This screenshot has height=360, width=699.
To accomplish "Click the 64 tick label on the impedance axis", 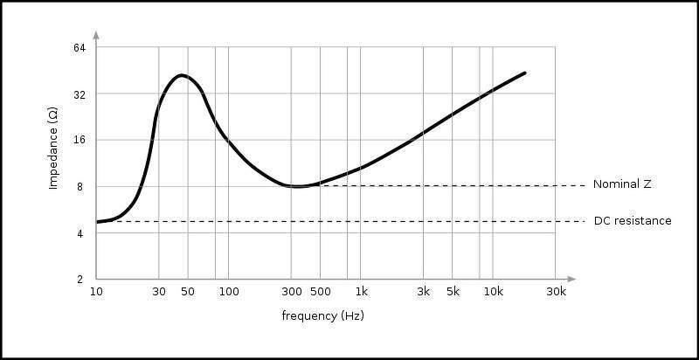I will pyautogui.click(x=80, y=47).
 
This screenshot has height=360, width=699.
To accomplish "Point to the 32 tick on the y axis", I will pyautogui.click(x=80, y=93).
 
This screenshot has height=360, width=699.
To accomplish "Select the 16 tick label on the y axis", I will pyautogui.click(x=80, y=140).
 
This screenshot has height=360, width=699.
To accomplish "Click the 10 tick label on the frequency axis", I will pyautogui.click(x=96, y=292).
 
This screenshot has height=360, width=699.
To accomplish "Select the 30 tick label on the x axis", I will pyautogui.click(x=158, y=292).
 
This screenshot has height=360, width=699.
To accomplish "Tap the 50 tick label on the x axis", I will pyautogui.click(x=187, y=292).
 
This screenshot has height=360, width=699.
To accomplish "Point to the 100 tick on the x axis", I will pyautogui.click(x=228, y=292).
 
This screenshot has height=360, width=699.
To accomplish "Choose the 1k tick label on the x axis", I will pyautogui.click(x=361, y=292).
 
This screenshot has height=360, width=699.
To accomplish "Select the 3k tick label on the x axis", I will pyautogui.click(x=424, y=292).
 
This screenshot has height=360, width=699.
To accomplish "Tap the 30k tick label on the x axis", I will pyautogui.click(x=556, y=292).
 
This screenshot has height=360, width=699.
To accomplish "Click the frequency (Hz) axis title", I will pyautogui.click(x=322, y=315).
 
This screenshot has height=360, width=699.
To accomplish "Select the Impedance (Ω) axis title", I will pyautogui.click(x=53, y=149).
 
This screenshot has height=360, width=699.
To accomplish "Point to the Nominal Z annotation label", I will pyautogui.click(x=622, y=184).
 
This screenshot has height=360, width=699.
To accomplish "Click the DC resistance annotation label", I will pyautogui.click(x=633, y=221).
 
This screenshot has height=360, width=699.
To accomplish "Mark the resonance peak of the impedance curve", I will pyautogui.click(x=181, y=75).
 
